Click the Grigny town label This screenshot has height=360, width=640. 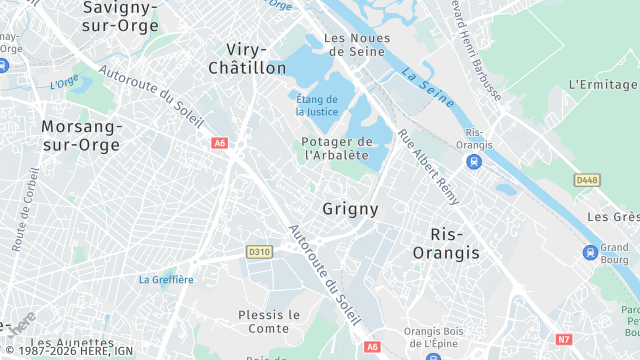pyautogui.click(x=350, y=209)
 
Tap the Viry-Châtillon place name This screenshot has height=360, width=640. pyautogui.click(x=246, y=58)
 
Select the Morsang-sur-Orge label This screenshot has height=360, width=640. pyautogui.click(x=81, y=135)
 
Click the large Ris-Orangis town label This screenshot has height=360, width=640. pyautogui.click(x=446, y=243)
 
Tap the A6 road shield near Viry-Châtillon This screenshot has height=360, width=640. pyautogui.click(x=220, y=143)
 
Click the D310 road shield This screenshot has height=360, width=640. pyautogui.click(x=259, y=252)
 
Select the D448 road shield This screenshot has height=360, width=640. pyautogui.click(x=587, y=180)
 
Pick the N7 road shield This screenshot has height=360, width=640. pyautogui.click(x=564, y=339)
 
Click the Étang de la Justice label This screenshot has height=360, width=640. pyautogui.click(x=318, y=104)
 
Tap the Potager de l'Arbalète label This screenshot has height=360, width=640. pyautogui.click(x=336, y=148)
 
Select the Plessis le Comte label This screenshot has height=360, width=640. pyautogui.click(x=269, y=321)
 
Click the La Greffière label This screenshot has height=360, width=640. pyautogui.click(x=166, y=279)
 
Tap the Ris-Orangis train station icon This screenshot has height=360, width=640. pyautogui.click(x=474, y=161)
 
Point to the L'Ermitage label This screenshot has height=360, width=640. pyautogui.click(x=602, y=84)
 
